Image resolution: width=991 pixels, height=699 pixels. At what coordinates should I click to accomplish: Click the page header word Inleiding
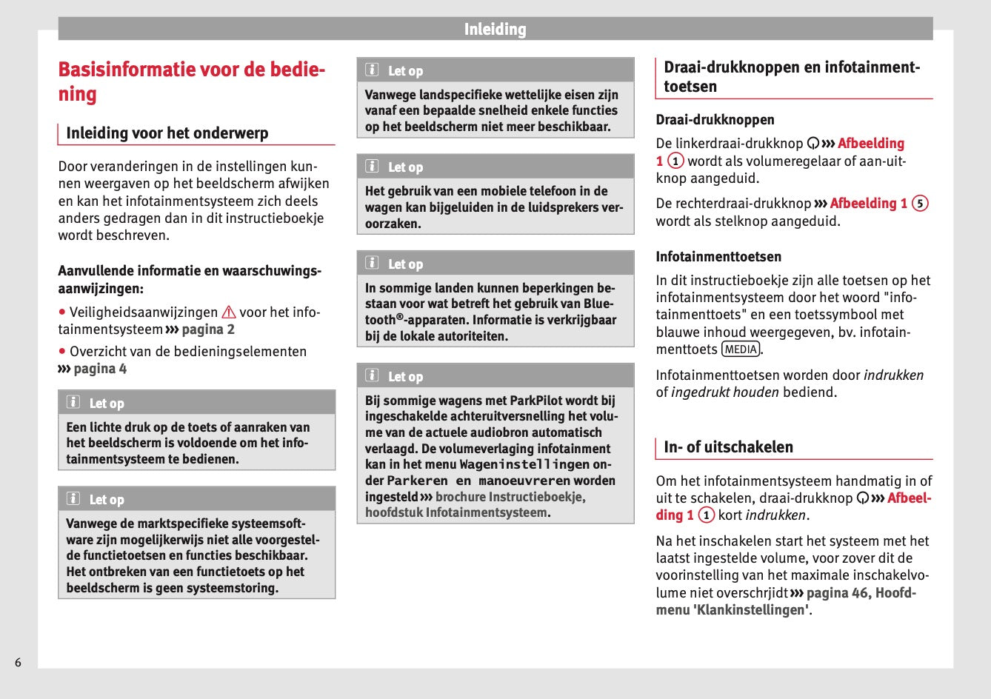[495, 30]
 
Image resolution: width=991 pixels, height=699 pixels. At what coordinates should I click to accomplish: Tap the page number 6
[19, 662]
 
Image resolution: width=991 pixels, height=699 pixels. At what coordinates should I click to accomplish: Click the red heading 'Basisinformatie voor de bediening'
[191, 81]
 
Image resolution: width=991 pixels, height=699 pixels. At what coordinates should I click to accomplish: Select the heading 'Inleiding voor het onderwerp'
[167, 133]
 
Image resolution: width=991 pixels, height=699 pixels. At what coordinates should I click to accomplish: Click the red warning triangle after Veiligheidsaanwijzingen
[229, 312]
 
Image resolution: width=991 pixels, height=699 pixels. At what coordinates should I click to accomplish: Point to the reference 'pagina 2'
[208, 330]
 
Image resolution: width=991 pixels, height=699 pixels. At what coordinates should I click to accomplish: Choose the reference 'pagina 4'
[100, 369]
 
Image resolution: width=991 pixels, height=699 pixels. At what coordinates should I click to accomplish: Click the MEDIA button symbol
[741, 349]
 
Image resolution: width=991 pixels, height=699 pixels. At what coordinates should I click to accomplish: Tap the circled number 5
[920, 204]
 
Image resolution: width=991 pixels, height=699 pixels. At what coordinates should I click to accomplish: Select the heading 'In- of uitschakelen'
[718, 447]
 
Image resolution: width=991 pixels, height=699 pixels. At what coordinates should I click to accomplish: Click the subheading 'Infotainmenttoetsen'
[718, 257]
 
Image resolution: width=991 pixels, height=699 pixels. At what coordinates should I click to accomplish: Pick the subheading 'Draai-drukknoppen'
[715, 120]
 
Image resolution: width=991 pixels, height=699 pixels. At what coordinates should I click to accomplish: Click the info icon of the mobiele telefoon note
[373, 167]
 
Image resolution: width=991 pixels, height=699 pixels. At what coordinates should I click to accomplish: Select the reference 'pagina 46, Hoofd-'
[861, 593]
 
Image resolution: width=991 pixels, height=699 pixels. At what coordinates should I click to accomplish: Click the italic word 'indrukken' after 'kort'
[776, 515]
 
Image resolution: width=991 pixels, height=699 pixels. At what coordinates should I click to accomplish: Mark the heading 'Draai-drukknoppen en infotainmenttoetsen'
[792, 76]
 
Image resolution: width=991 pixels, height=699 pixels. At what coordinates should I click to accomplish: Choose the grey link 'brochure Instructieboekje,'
[510, 497]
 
